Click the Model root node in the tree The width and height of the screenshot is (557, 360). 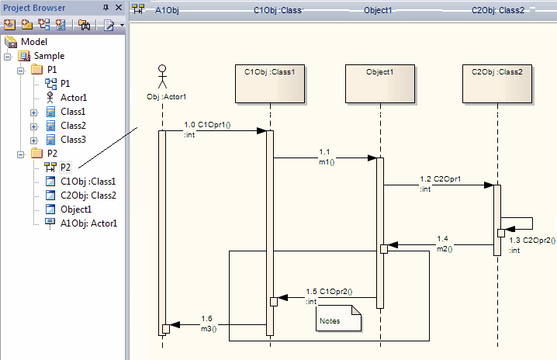[33, 41]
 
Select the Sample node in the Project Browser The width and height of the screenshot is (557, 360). [49, 56]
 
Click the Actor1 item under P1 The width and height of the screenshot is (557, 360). [73, 98]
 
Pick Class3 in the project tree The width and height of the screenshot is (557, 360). [73, 140]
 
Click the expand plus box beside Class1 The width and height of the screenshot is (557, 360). [34, 112]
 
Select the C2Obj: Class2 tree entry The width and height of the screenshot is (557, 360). [88, 196]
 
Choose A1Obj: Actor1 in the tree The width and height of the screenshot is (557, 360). [88, 223]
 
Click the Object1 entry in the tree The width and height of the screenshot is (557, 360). [76, 209]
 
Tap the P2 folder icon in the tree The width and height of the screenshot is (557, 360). [36, 154]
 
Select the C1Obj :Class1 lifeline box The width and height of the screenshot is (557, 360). [269, 82]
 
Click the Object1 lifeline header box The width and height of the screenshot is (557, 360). [379, 82]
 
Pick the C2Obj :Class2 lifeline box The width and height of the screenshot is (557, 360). [496, 82]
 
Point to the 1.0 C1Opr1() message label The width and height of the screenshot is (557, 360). [209, 124]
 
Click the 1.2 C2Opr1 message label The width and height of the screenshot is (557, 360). [441, 178]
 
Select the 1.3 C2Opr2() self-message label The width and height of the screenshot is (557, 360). [531, 241]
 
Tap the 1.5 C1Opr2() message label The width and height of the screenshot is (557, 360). [329, 292]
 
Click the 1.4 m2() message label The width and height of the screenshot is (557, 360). [443, 243]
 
